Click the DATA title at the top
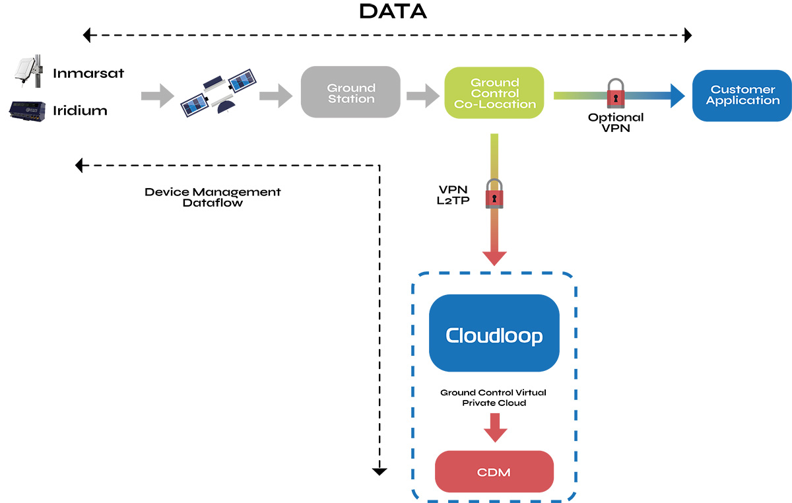point(393,11)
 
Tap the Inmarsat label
point(88,73)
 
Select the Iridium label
point(80,110)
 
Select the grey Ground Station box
point(350,93)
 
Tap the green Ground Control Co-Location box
point(494,93)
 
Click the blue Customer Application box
point(742,95)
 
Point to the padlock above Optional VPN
point(615,93)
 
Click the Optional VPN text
point(615,123)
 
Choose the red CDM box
point(494,473)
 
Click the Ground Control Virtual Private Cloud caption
point(493,397)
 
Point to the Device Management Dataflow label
point(213,197)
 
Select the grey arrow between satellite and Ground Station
point(275,96)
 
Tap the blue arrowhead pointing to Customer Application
point(676,95)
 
